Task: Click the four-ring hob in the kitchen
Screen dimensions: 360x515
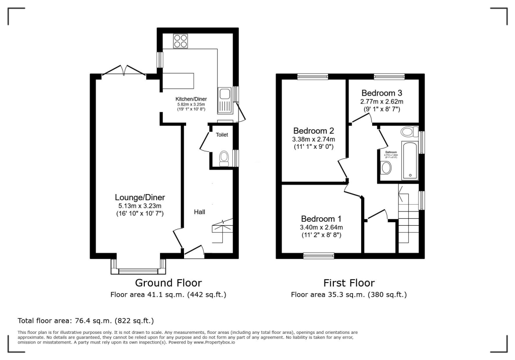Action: (180, 41)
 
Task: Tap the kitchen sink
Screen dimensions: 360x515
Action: (224, 99)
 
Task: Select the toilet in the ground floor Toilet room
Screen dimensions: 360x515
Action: (224, 158)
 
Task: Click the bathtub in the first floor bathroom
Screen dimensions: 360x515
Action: (410, 160)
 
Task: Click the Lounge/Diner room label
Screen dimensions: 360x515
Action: (140, 197)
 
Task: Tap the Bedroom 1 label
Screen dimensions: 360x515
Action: (321, 219)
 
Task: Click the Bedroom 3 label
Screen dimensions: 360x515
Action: (382, 93)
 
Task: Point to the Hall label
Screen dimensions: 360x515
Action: (200, 212)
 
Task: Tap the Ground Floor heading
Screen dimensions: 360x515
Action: (168, 283)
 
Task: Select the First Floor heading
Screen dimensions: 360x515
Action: (349, 283)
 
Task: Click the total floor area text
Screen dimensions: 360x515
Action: (85, 320)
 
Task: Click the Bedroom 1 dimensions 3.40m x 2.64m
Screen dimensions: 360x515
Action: (321, 227)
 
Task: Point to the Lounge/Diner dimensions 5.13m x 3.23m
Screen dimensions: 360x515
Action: (140, 206)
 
